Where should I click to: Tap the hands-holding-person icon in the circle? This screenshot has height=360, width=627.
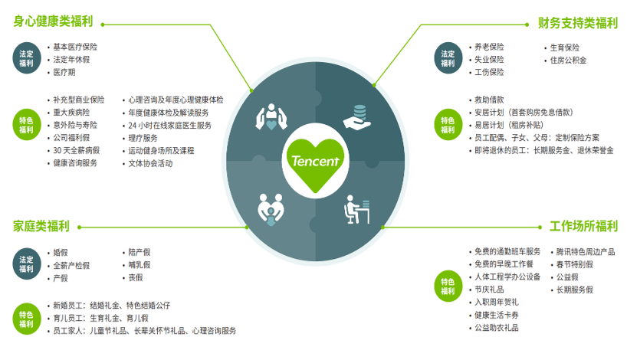pos(271,116)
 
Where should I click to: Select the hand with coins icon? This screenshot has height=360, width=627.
pos(357,116)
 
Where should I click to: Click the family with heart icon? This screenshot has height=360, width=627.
pos(271,209)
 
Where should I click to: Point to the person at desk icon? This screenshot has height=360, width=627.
pos(356,209)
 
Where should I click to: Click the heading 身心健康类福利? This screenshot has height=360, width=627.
pos(53,21)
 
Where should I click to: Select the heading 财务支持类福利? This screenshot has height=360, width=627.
pos(578,23)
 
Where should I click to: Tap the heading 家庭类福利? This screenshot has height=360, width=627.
pos(41,226)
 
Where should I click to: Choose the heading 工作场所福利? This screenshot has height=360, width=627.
pos(584,226)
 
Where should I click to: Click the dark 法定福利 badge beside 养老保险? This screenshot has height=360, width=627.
pos(448,58)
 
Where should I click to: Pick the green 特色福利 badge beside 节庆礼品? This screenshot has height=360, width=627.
pos(448,286)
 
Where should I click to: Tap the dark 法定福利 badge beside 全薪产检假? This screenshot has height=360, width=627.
pos(27,264)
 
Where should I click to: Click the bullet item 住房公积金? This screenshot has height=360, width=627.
pos(568,61)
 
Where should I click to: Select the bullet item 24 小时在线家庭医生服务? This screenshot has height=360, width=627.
pos(169,126)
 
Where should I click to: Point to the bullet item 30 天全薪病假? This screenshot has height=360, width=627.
pos(77,151)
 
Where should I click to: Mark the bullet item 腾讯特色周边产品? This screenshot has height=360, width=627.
pos(586,252)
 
